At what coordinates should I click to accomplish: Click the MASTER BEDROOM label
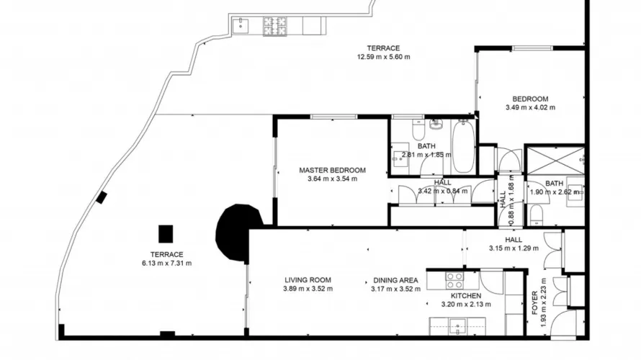[332, 171]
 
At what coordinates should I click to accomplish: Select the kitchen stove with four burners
[454, 280]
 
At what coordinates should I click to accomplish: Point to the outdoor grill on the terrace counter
[274, 26]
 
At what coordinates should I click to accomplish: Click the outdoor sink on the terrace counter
[241, 26]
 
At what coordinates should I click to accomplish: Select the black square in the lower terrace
[166, 234]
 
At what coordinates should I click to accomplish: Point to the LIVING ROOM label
[308, 280]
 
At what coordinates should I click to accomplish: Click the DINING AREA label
[395, 280]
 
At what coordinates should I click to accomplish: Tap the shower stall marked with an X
[554, 159]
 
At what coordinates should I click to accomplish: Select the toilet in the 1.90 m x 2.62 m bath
[536, 214]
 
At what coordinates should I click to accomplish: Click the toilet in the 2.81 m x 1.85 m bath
[418, 132]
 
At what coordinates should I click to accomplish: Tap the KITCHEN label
[465, 295]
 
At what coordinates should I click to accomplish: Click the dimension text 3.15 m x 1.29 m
[514, 248]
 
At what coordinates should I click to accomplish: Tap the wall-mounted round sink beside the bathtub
[436, 124]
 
